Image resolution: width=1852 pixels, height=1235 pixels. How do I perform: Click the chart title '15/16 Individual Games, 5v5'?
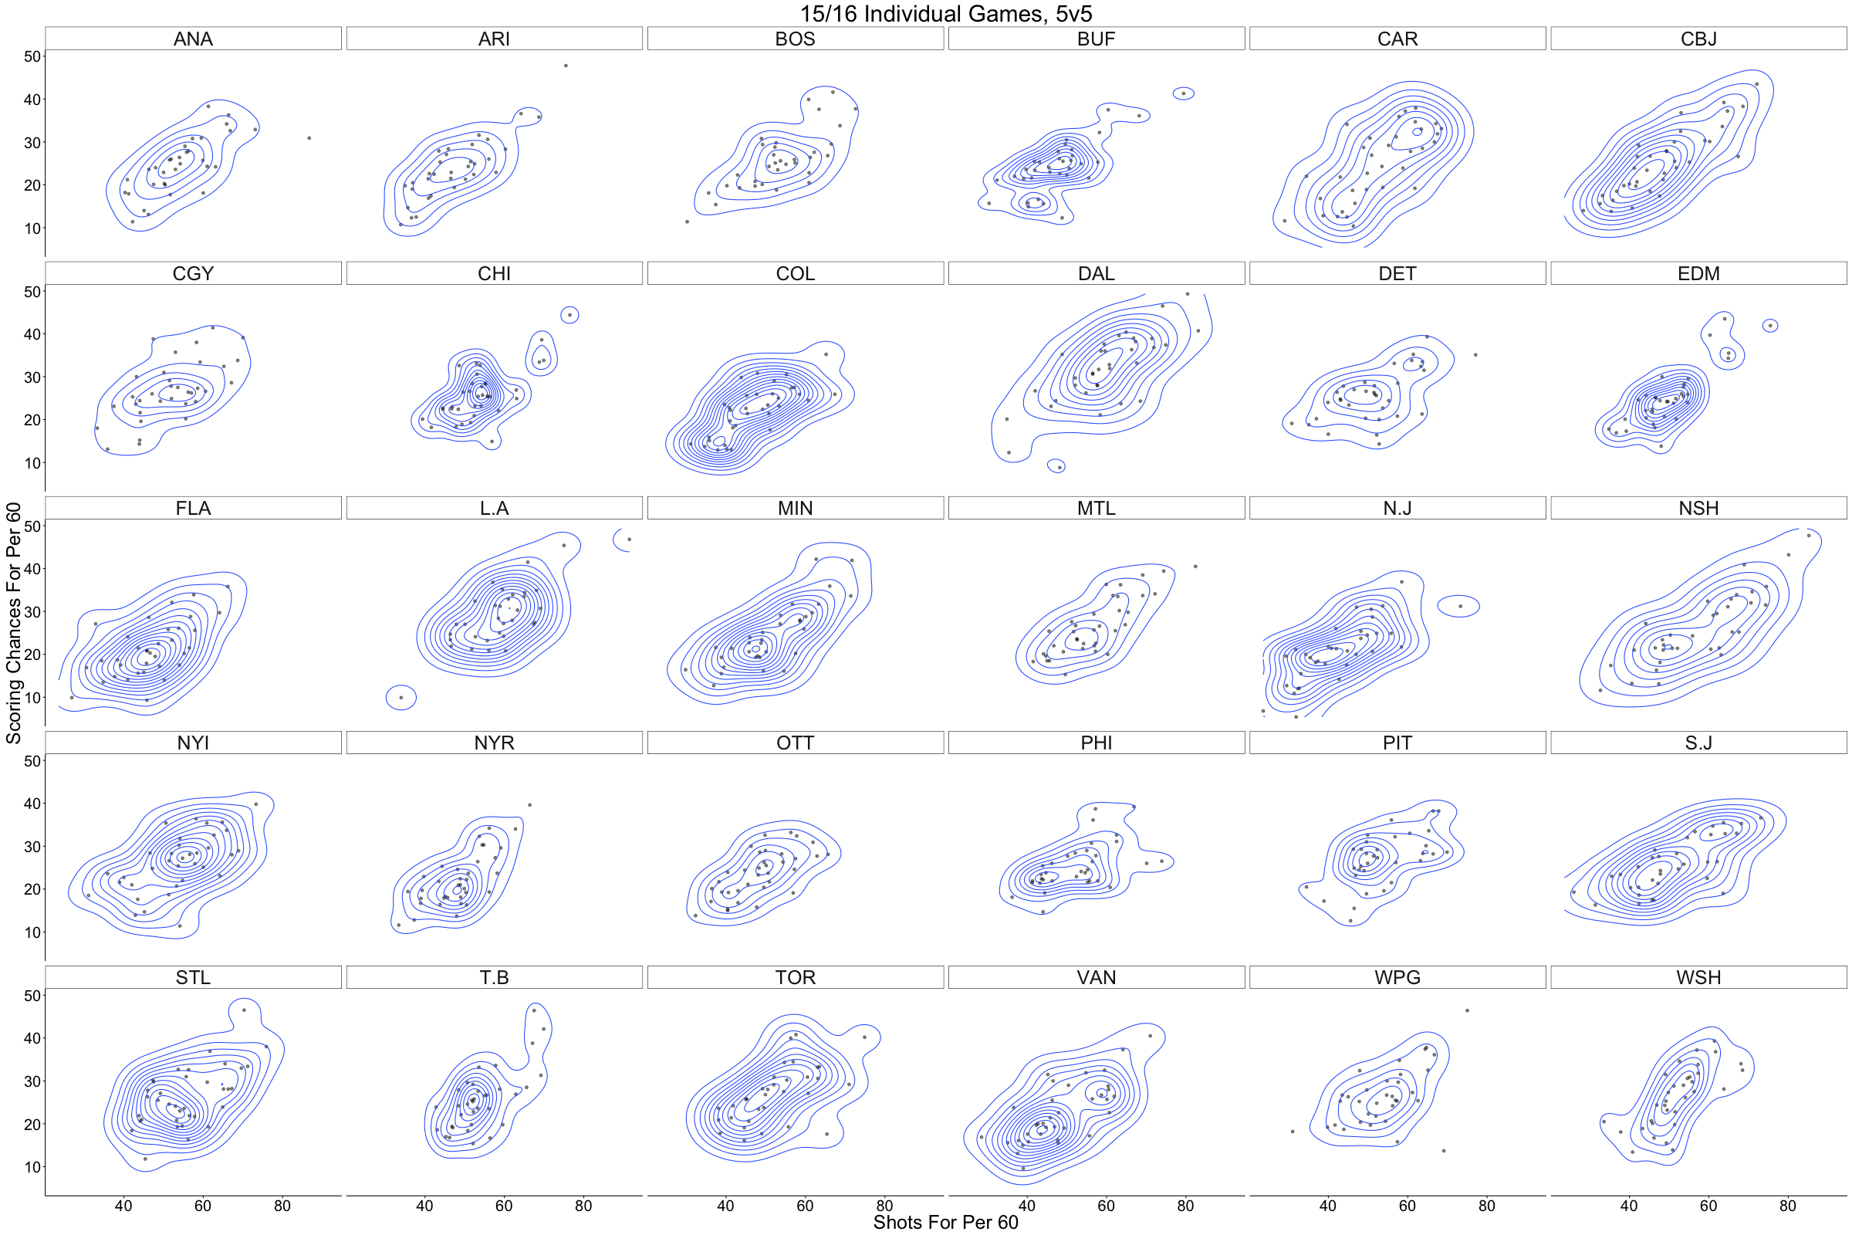[x=946, y=13]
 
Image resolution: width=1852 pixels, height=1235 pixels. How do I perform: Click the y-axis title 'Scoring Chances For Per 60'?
[x=13, y=622]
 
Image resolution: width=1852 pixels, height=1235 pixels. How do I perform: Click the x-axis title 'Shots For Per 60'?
[x=946, y=1222]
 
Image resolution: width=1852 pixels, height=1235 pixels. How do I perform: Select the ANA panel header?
[x=193, y=39]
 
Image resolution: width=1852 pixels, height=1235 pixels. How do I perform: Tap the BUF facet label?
[x=1096, y=39]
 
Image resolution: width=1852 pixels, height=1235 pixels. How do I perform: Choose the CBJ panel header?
[x=1698, y=39]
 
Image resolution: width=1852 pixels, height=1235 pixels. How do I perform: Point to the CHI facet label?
[x=494, y=273]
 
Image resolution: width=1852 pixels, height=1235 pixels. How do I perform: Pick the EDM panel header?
[x=1698, y=273]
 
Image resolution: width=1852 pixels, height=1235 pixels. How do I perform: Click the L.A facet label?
[x=494, y=508]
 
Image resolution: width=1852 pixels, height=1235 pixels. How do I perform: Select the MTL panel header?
[x=1096, y=508]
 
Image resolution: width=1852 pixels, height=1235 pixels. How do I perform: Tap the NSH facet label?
[x=1698, y=508]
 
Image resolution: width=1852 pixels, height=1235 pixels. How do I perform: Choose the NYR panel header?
[x=494, y=743]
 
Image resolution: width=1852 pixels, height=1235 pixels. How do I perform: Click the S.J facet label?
[x=1698, y=743]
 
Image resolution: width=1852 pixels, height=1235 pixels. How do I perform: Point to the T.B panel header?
[x=494, y=977]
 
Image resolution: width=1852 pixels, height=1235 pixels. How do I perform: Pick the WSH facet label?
[x=1698, y=977]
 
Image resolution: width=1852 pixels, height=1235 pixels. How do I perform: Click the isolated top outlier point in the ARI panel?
[x=566, y=66]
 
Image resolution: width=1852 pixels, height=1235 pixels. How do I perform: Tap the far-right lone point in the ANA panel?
[x=309, y=138]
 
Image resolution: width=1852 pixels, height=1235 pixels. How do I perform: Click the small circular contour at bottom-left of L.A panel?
[x=401, y=697]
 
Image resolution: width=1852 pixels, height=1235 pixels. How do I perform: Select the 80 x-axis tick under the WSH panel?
[x=1788, y=1206]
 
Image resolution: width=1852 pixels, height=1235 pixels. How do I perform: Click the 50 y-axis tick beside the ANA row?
[x=32, y=56]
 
